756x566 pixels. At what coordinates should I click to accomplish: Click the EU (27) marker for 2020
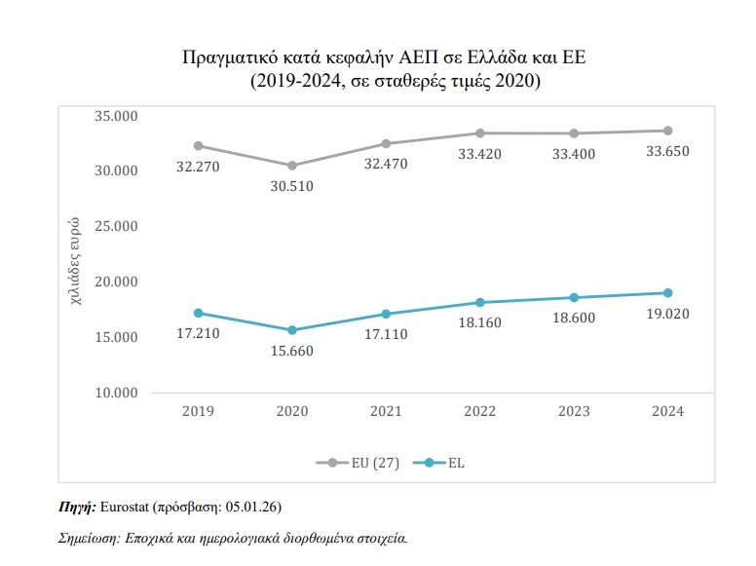[291, 166]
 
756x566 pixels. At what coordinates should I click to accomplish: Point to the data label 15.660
[291, 351]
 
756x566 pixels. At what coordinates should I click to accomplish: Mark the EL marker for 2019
[199, 313]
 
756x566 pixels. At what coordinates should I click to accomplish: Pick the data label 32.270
[199, 167]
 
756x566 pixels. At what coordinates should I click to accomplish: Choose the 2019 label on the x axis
[199, 412]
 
